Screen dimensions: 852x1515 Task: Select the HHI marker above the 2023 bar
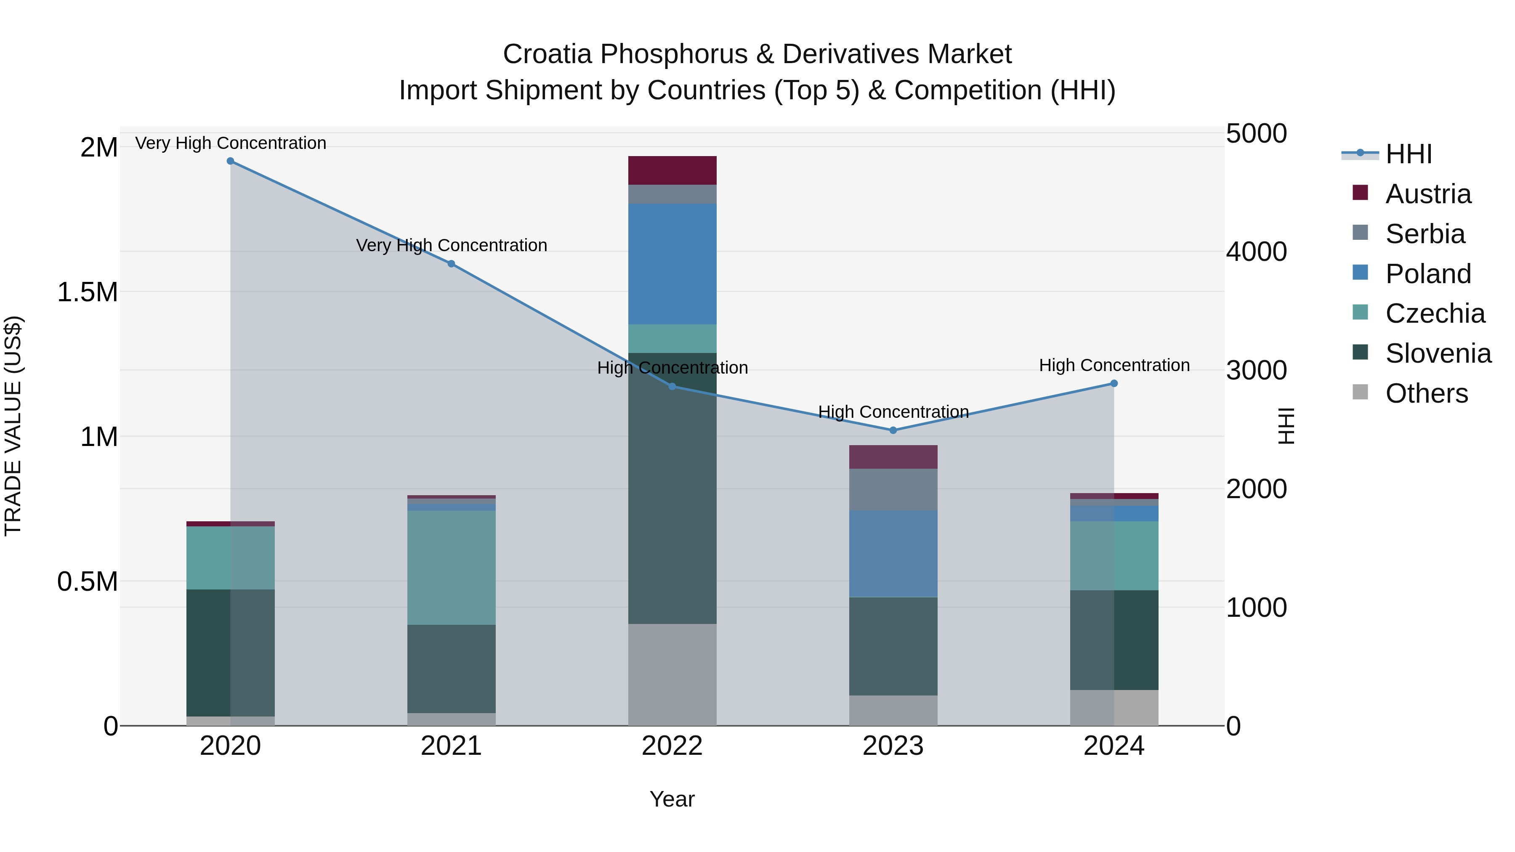[x=893, y=430]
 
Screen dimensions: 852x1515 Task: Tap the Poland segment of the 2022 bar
[x=672, y=264]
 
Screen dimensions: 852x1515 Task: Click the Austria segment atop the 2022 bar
[x=672, y=170]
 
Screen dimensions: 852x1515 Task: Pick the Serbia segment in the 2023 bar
[x=893, y=489]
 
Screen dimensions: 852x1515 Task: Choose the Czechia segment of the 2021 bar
[x=451, y=568]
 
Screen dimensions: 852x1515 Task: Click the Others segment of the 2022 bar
[x=672, y=674]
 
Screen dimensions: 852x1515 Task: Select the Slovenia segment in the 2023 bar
[x=893, y=646]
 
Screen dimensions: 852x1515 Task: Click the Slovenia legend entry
[x=1438, y=353]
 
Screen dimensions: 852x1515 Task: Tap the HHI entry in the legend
[x=1408, y=154]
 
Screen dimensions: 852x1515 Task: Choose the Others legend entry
[x=1426, y=393]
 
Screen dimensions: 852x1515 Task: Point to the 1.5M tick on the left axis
[x=87, y=292]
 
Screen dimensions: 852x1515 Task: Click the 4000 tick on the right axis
[x=1256, y=252]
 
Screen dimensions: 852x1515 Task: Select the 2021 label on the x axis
[x=451, y=746]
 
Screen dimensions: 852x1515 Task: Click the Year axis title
[x=672, y=799]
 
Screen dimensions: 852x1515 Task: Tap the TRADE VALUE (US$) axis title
[x=13, y=426]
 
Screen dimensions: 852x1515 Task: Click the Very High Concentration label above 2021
[x=451, y=245]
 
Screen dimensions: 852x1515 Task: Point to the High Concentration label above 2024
[x=1114, y=365]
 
